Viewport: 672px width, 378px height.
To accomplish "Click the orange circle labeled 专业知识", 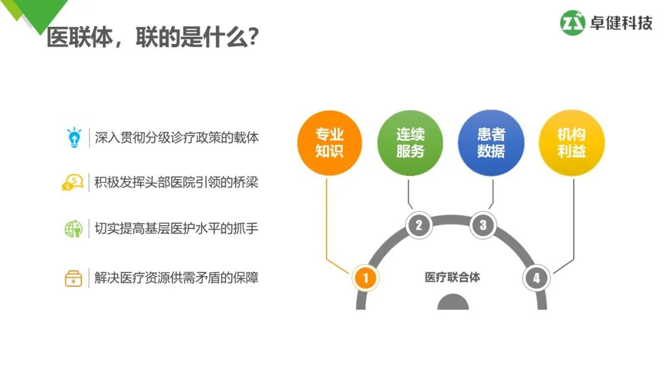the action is point(329,142).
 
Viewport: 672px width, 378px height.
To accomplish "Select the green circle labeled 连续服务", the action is point(410,142).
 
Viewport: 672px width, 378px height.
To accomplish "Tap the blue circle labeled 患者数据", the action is point(491,142).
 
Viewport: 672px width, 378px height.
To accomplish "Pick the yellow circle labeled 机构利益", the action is point(571,142).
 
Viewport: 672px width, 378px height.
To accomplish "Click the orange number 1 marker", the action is point(365,278).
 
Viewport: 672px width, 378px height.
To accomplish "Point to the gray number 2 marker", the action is point(419,225).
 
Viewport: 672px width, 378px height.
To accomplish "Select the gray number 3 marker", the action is point(483,225).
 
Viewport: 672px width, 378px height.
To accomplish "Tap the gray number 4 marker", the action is point(536,278).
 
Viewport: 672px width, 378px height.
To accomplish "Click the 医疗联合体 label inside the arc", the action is point(452,277).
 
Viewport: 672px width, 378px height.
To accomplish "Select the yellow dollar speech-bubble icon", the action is point(73,183).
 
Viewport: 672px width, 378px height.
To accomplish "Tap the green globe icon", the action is point(73,229).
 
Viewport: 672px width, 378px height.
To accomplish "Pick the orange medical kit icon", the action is point(73,278).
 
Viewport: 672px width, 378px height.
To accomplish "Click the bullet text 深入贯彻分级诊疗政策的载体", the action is point(177,137).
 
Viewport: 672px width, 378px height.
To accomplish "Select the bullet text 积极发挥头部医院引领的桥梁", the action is point(177,183).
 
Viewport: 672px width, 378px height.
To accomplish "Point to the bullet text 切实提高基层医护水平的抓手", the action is point(177,229).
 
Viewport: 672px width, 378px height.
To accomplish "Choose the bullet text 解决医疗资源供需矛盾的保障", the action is point(177,277).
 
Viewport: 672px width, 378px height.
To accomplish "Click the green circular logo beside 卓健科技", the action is point(573,23).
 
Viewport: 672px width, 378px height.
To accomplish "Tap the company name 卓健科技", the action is point(622,24).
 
